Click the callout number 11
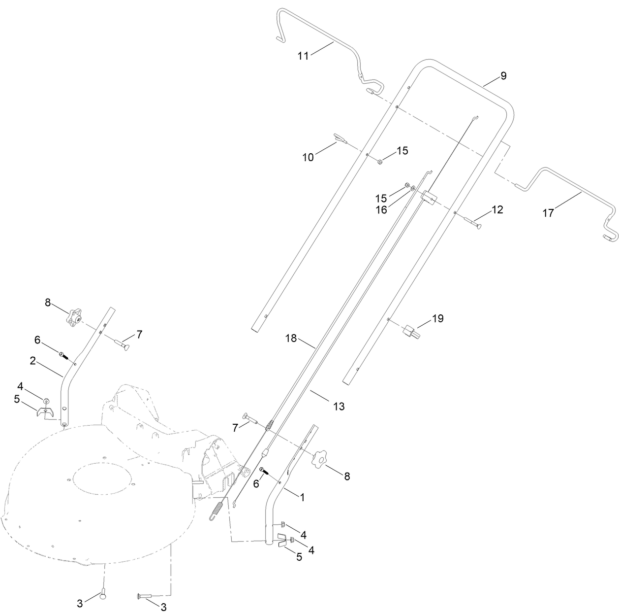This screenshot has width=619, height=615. point(303,56)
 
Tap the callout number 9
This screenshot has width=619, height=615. point(503,76)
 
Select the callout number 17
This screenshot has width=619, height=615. point(548,213)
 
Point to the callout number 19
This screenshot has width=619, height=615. point(437,319)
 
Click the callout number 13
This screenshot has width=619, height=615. point(339,407)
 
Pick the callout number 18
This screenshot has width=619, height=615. point(292,339)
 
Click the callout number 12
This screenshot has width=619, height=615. point(497,210)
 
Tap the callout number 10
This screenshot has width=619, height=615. point(308,158)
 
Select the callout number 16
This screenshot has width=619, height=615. point(381,210)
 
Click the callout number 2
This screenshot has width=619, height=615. point(32,361)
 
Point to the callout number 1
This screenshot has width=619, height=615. point(302,498)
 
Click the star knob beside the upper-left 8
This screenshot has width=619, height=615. point(74,317)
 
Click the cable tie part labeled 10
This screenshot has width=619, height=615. point(339,137)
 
